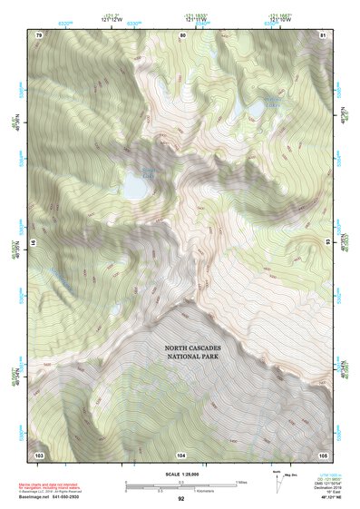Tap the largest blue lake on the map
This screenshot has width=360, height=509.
click(x=137, y=185)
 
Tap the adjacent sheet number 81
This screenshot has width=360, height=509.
click(x=323, y=34)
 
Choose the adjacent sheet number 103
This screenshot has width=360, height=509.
click(x=39, y=454)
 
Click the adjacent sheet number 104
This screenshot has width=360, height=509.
click(x=181, y=454)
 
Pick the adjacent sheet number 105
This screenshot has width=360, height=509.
click(x=323, y=454)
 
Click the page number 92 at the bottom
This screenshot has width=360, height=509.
click(x=181, y=498)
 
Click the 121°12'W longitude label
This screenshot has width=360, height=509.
click(x=111, y=21)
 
